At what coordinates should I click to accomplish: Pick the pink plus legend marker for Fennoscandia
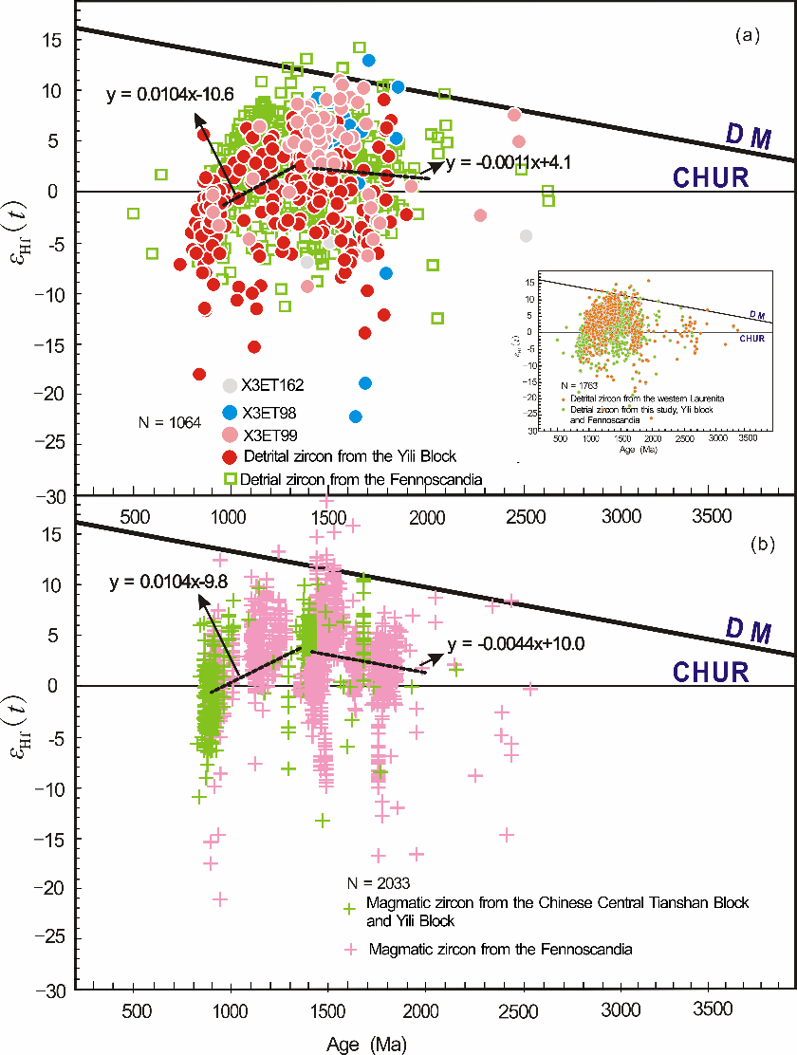[350, 949]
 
